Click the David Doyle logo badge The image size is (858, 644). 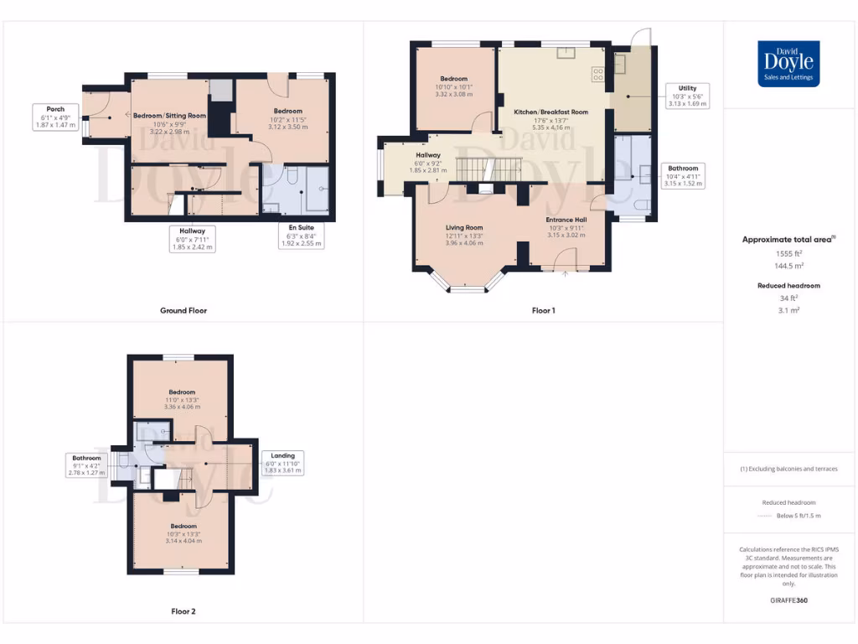point(788,64)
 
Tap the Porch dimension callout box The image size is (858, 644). point(55,117)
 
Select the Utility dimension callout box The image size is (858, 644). point(687,96)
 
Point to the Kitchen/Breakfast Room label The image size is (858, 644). point(551,112)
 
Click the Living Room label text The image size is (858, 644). point(463,227)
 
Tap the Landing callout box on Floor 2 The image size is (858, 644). point(282,463)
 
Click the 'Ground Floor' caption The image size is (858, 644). point(183,310)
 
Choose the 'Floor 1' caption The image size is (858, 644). point(543,310)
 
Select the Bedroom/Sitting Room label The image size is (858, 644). point(169,116)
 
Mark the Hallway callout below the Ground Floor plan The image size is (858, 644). point(192,239)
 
